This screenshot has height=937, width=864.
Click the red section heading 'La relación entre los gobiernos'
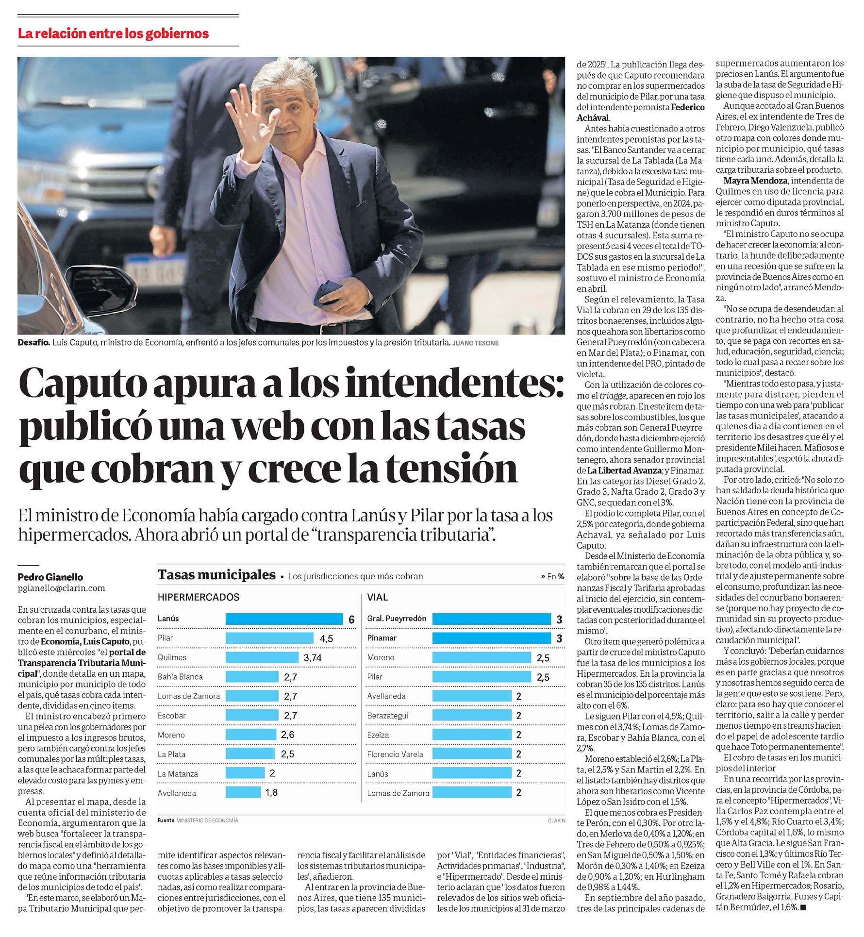coord(113,33)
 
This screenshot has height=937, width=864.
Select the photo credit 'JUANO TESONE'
coord(475,343)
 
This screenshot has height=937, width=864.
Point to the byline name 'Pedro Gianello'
coord(50,577)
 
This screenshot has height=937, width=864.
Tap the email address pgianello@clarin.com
coord(61,588)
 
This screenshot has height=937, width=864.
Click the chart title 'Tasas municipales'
coord(216,575)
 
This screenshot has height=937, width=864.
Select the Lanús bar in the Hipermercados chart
coord(284,619)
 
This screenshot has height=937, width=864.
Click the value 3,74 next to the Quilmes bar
coord(313,658)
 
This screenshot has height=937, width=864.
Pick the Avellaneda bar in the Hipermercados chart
coord(243,793)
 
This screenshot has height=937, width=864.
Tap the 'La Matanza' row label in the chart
coord(178,774)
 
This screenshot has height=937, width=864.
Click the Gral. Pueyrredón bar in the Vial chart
coord(491,619)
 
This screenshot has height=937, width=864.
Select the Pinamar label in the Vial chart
coord(382,638)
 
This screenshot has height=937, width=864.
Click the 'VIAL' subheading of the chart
coord(377,597)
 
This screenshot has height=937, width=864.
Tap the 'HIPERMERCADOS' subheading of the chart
coord(198,597)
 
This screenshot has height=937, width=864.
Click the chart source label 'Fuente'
coord(166,820)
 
